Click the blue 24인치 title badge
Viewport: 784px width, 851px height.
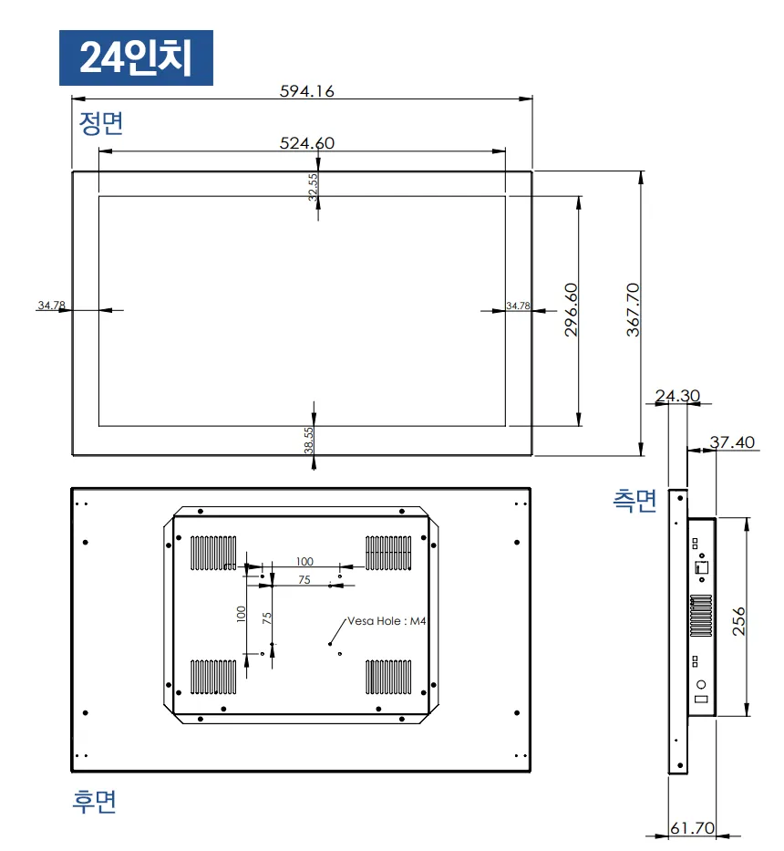coord(136,57)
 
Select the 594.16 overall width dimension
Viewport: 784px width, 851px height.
coord(306,90)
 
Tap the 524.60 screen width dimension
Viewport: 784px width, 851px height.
coord(307,142)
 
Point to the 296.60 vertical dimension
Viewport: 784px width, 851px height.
coord(572,310)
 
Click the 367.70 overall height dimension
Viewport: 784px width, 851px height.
coord(634,310)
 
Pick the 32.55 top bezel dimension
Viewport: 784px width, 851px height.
coord(313,187)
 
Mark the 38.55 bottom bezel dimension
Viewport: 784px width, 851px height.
coord(309,441)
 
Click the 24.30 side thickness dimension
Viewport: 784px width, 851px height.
coord(677,396)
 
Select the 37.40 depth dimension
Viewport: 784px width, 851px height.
coord(732,442)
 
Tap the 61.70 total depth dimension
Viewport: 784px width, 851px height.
coord(692,828)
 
